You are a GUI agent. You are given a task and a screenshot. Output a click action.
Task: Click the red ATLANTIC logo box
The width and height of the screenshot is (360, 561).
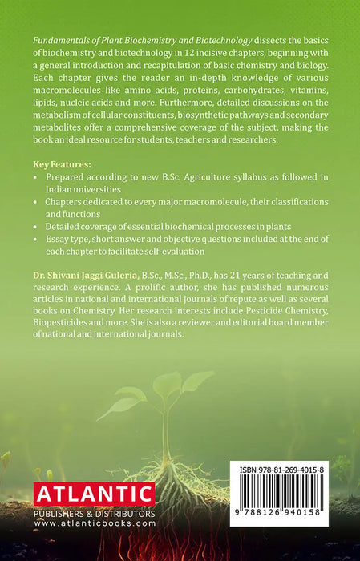pos(94,494)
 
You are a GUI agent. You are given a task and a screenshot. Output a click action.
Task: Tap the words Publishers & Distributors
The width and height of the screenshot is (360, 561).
pos(94,513)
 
